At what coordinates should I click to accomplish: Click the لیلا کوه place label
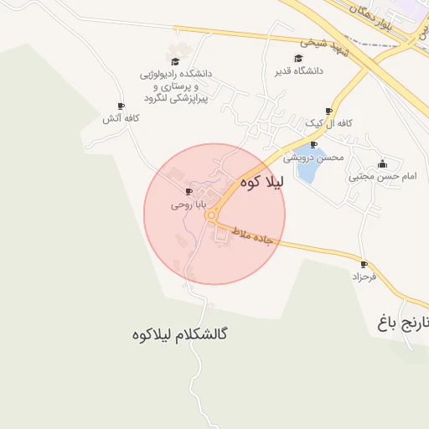[262, 181]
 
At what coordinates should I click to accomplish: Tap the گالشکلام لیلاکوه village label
[180, 334]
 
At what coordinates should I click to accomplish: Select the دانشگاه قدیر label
[299, 70]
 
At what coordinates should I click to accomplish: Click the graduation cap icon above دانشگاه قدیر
[299, 58]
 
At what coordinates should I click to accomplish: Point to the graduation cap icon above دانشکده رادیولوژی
[175, 61]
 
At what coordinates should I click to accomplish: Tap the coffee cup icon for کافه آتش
[121, 106]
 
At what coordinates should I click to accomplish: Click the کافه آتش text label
[121, 119]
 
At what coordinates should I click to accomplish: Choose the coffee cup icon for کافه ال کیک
[328, 111]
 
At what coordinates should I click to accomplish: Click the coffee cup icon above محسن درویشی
[313, 145]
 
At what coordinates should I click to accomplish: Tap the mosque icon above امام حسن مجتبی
[383, 164]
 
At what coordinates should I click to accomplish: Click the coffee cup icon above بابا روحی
[188, 192]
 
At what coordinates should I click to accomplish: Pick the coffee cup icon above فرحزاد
[364, 264]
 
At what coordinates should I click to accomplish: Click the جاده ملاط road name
[251, 235]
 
